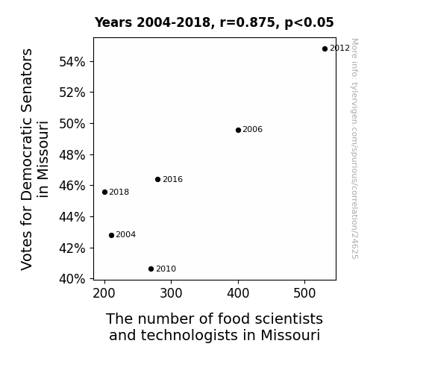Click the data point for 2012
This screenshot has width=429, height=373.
(x=325, y=49)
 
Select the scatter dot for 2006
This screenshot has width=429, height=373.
(x=238, y=131)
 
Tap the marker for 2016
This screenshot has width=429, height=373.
(x=158, y=180)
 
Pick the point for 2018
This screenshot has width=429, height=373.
(x=104, y=192)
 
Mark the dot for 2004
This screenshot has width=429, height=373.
(x=111, y=235)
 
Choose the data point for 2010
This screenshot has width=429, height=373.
(x=151, y=269)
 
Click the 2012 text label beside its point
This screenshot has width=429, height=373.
(x=339, y=48)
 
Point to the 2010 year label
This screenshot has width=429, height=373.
(x=166, y=269)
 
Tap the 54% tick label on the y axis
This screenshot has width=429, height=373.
(x=72, y=62)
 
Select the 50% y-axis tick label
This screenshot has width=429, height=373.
(x=72, y=124)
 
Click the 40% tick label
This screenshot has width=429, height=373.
(x=72, y=279)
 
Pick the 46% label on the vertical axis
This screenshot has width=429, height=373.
(x=72, y=186)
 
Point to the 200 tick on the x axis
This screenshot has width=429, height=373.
(x=104, y=294)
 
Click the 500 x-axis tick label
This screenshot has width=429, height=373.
(x=304, y=294)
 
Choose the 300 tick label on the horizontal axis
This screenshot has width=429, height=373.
(x=171, y=294)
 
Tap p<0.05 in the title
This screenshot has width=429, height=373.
(x=309, y=23)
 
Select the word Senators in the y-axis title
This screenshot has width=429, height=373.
(x=27, y=81)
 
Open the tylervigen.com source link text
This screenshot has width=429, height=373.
(x=354, y=148)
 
